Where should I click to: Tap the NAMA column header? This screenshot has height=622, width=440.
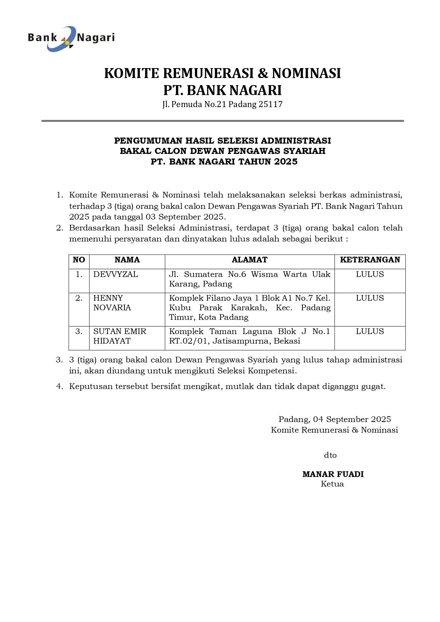[127, 260]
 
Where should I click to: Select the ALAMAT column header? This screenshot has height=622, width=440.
[250, 260]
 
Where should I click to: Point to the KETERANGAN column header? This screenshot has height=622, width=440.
[370, 260]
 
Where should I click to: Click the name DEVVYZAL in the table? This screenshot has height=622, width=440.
[116, 274]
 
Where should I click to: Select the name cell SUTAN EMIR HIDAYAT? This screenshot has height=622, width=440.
[120, 336]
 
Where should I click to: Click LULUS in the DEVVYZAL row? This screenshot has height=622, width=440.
[370, 274]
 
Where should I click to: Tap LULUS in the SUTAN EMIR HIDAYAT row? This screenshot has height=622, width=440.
[370, 332]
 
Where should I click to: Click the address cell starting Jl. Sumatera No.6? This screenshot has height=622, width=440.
[250, 279]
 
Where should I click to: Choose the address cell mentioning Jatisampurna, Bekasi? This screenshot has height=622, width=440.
[250, 336]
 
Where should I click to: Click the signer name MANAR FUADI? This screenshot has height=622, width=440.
[333, 474]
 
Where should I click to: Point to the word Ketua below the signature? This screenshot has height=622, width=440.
[332, 484]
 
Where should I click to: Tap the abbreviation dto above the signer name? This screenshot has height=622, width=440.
[330, 455]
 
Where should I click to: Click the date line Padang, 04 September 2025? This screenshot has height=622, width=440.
[335, 420]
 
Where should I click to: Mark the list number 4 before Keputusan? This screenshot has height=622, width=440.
[59, 387]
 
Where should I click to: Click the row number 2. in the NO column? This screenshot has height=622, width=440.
[79, 298]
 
